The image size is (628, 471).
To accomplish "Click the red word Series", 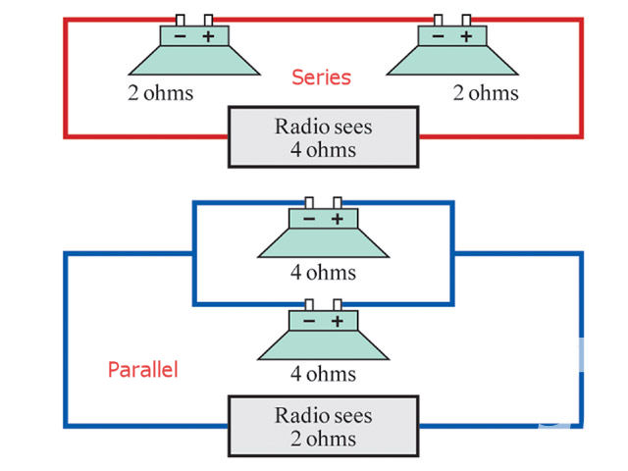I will point(321,77).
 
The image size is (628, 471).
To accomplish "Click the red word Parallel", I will point(142,371).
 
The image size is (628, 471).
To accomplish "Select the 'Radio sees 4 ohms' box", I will point(324,138).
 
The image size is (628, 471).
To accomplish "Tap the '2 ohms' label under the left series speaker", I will point(160,94).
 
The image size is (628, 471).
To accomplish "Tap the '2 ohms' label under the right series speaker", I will point(486,94).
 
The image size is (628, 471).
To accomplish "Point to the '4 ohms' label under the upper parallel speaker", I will point(324,272).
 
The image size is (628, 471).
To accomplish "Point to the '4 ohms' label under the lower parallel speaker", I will point(324,374).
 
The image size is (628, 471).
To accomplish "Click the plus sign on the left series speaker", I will point(208,37).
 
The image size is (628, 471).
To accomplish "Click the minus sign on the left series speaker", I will point(181,37).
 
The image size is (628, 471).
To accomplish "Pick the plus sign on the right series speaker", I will point(466,37).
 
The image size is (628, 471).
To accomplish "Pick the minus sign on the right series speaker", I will point(438,37).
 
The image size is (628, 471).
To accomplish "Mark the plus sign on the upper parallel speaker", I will point(337,220).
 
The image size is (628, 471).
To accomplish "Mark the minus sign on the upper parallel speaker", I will point(309,220).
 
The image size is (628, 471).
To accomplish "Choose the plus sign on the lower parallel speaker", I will point(337,322).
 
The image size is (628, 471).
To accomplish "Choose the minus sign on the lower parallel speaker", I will point(309,322).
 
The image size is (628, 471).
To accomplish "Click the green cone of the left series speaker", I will point(194,61).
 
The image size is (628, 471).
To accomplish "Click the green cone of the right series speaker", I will point(451,61).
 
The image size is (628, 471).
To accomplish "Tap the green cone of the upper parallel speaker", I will point(323,243).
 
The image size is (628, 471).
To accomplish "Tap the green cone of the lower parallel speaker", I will point(323,345).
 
